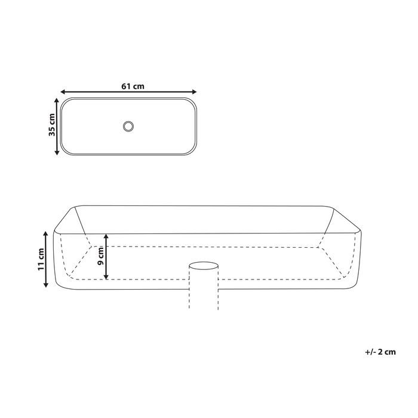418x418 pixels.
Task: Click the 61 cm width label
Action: (133, 86)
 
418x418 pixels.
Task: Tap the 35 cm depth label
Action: (51, 127)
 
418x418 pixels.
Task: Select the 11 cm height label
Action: (40, 259)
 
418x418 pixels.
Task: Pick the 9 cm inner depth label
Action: (101, 256)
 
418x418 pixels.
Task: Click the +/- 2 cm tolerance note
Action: (380, 352)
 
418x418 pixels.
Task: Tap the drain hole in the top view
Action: (128, 126)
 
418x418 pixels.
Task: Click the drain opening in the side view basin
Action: (204, 263)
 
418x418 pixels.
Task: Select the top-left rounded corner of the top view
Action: (65, 102)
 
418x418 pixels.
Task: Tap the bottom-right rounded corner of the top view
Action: (192, 151)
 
